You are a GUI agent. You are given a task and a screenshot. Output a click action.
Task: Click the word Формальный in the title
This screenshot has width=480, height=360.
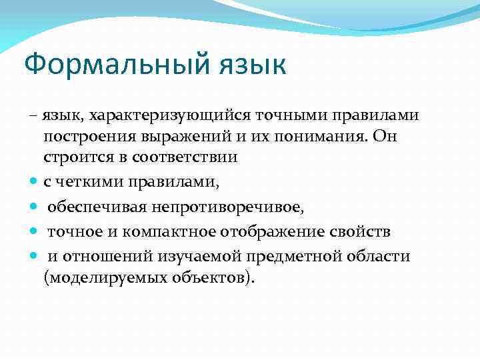(x=116, y=66)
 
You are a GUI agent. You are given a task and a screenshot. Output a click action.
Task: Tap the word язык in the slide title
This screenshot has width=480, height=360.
(x=251, y=66)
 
